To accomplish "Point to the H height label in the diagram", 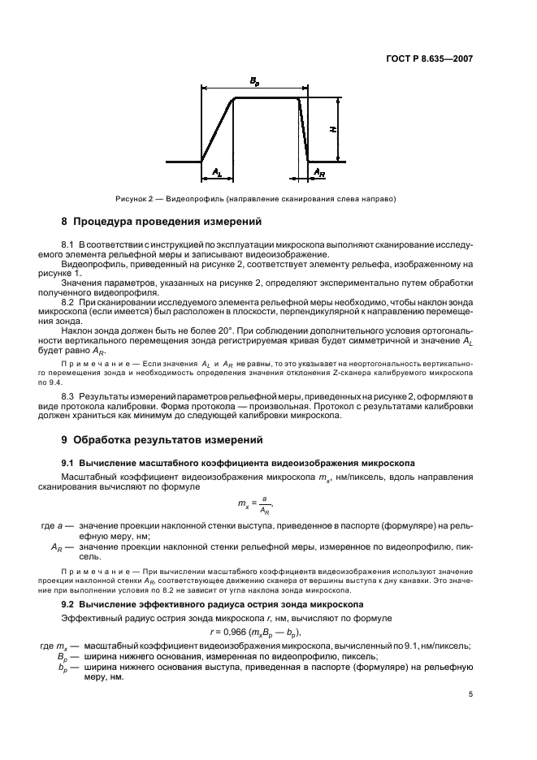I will coord(333,129).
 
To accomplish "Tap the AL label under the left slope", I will coord(217,172).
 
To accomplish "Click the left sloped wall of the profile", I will coord(218,129).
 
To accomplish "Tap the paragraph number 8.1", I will coord(68,244).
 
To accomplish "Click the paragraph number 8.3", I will coord(68,394).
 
